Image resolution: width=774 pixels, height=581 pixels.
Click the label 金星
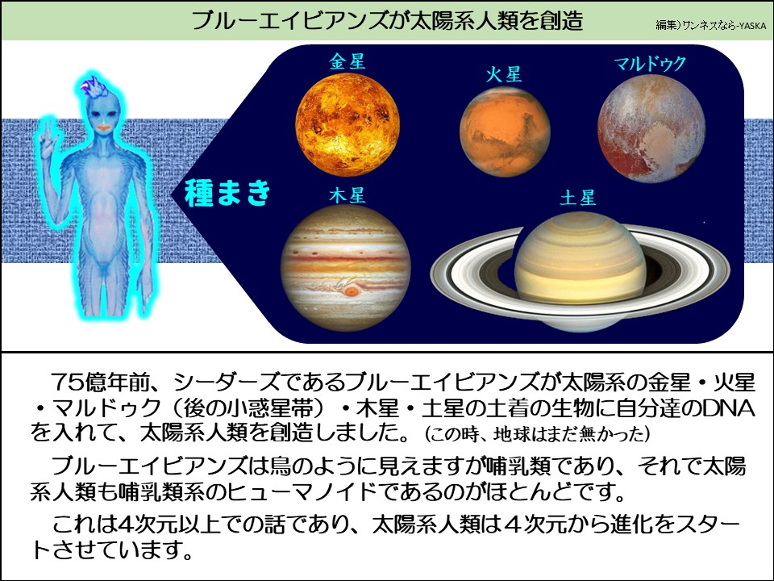(x=347, y=62)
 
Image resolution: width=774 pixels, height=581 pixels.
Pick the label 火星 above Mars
(x=504, y=75)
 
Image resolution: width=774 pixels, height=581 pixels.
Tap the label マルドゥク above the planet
(x=650, y=64)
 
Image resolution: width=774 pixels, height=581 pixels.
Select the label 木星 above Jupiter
(x=347, y=196)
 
